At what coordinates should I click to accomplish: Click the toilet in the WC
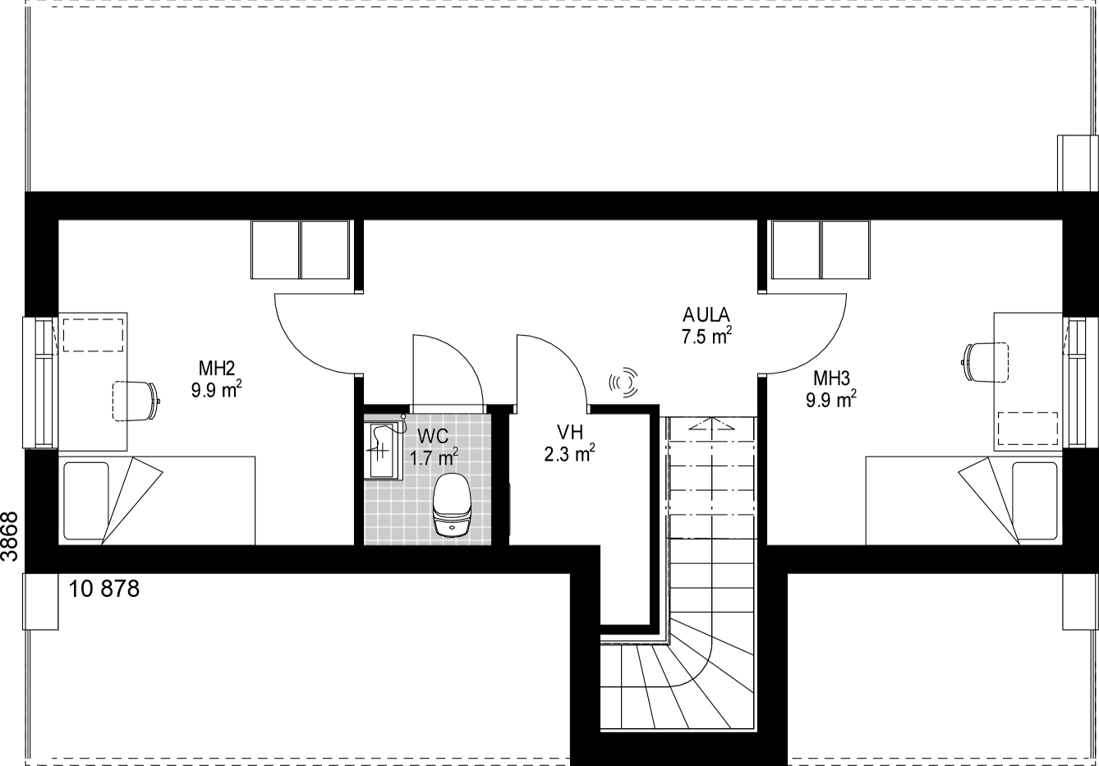tap(452, 504)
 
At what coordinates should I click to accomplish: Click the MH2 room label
tap(216, 368)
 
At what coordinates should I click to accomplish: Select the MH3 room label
tap(831, 378)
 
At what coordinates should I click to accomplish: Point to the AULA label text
tap(706, 314)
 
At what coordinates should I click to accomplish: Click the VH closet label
tap(570, 432)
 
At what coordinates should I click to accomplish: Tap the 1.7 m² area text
tap(434, 457)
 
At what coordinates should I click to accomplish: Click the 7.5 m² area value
tap(706, 336)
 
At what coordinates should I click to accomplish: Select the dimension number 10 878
tap(103, 589)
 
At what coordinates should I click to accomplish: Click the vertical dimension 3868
tap(10, 536)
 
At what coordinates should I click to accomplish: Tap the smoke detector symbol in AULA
tap(623, 382)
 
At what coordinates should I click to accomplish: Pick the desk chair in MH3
tap(985, 362)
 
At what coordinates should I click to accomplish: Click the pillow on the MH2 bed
tap(86, 501)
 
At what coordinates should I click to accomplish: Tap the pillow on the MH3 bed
tap(1035, 501)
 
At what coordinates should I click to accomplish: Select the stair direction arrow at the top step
tap(711, 424)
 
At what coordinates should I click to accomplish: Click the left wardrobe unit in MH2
tap(274, 250)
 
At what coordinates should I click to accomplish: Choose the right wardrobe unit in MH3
tap(845, 250)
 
